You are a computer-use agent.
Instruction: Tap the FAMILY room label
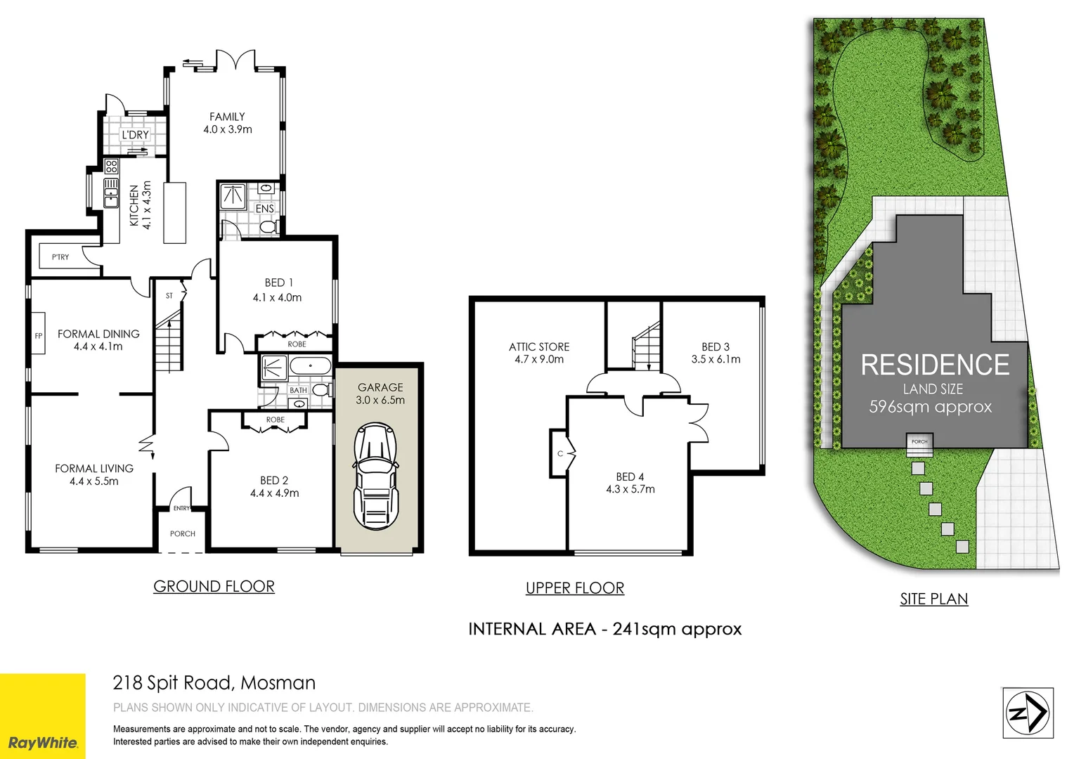click(227, 117)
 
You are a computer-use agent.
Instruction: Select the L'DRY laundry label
click(135, 134)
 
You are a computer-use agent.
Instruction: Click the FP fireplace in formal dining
click(39, 336)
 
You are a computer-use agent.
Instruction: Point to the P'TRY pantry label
click(60, 257)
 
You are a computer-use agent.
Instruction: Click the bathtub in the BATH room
click(310, 366)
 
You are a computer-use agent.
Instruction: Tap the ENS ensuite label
click(264, 209)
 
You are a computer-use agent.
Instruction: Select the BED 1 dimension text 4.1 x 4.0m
click(277, 298)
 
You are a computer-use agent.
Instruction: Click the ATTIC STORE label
click(539, 346)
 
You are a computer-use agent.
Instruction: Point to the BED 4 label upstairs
click(630, 476)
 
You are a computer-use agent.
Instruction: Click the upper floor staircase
click(646, 347)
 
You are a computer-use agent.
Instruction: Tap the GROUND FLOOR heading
click(214, 586)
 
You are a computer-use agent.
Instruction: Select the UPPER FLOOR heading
click(575, 588)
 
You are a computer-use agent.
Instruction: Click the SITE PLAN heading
click(934, 599)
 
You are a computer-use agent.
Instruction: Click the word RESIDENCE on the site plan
click(935, 365)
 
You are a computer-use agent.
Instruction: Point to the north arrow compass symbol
click(1027, 713)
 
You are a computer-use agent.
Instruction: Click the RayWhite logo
click(42, 742)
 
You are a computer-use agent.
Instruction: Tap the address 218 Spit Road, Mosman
click(214, 682)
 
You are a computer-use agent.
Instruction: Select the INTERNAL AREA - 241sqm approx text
click(604, 629)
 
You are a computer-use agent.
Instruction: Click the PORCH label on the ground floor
click(183, 534)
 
